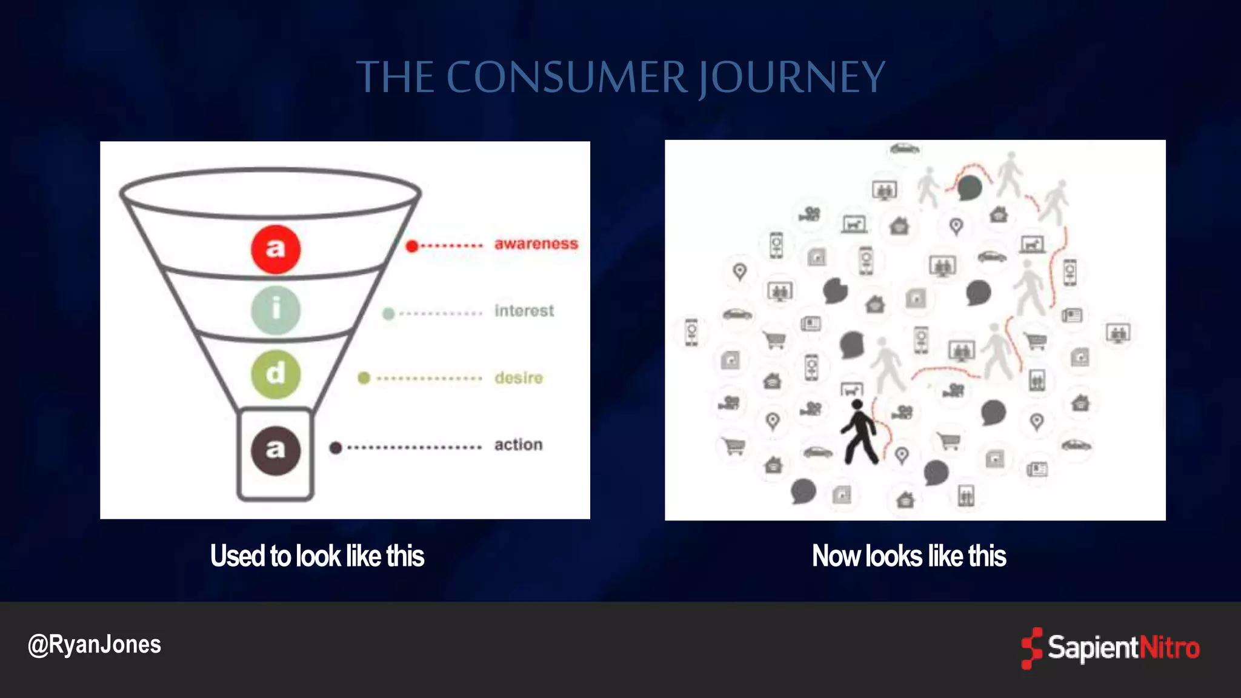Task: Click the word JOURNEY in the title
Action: (791, 78)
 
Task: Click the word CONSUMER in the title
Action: (567, 78)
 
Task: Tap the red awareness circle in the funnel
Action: (276, 249)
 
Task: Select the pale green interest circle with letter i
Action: (276, 310)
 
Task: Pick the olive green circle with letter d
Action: (276, 374)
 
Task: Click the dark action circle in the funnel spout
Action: (276, 450)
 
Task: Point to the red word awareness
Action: (536, 244)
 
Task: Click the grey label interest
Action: (524, 311)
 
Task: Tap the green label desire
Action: (519, 378)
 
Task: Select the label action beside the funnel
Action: (518, 445)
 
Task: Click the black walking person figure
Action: (858, 432)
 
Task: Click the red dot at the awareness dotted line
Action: (412, 246)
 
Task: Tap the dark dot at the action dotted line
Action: (336, 448)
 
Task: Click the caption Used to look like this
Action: (317, 556)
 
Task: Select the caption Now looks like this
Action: (909, 556)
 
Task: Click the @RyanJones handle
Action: (95, 645)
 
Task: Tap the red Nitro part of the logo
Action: (1169, 648)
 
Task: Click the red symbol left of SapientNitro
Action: (1031, 648)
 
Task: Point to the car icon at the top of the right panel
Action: (905, 148)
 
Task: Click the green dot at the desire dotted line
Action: (364, 378)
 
